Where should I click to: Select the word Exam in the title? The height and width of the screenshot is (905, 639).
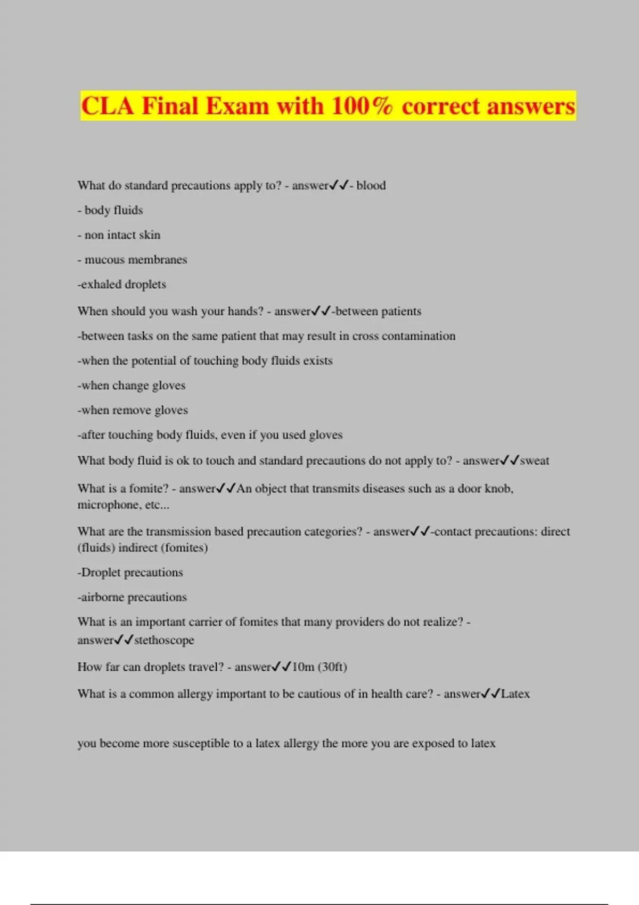tap(237, 106)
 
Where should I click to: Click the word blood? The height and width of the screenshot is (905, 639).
tap(371, 185)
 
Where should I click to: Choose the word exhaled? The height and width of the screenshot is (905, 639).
tap(101, 284)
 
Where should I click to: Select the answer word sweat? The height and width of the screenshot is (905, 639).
tap(534, 460)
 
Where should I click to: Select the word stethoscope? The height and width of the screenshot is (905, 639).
tap(164, 640)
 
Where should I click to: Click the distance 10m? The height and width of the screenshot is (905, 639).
tap(303, 667)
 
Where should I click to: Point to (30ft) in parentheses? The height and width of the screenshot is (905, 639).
tap(332, 667)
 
